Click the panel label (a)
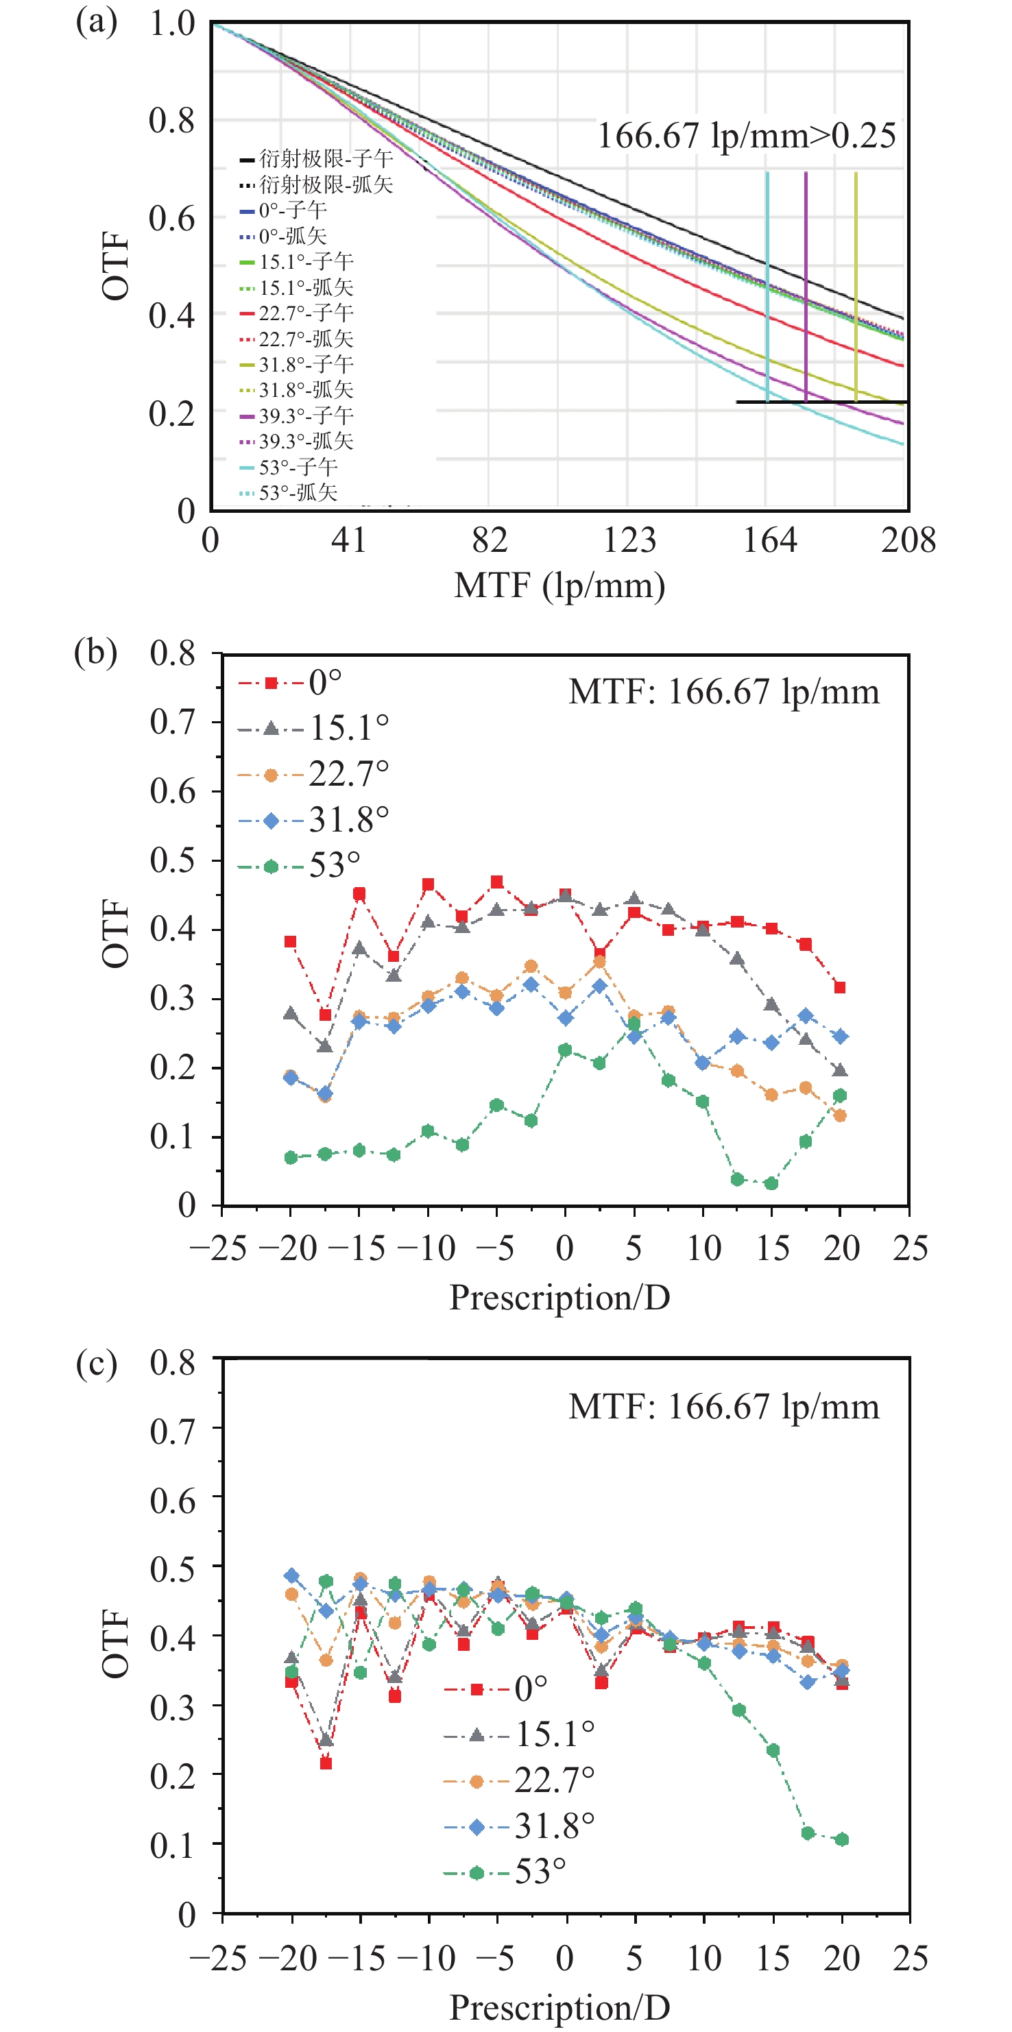click(x=96, y=22)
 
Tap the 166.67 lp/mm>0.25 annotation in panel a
click(x=746, y=136)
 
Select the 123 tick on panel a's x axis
click(x=629, y=541)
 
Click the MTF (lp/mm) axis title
click(x=559, y=585)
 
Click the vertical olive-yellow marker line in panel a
click(x=856, y=284)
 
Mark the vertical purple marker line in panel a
click(x=806, y=284)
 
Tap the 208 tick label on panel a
click(x=908, y=541)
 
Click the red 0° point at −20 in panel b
click(x=290, y=942)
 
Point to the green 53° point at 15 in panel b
click(x=771, y=1183)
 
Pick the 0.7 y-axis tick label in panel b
click(x=173, y=722)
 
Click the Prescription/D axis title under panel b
click(x=559, y=1298)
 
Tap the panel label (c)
click(x=96, y=1363)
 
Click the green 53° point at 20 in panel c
click(x=842, y=1839)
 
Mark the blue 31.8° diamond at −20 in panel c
click(x=292, y=1576)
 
